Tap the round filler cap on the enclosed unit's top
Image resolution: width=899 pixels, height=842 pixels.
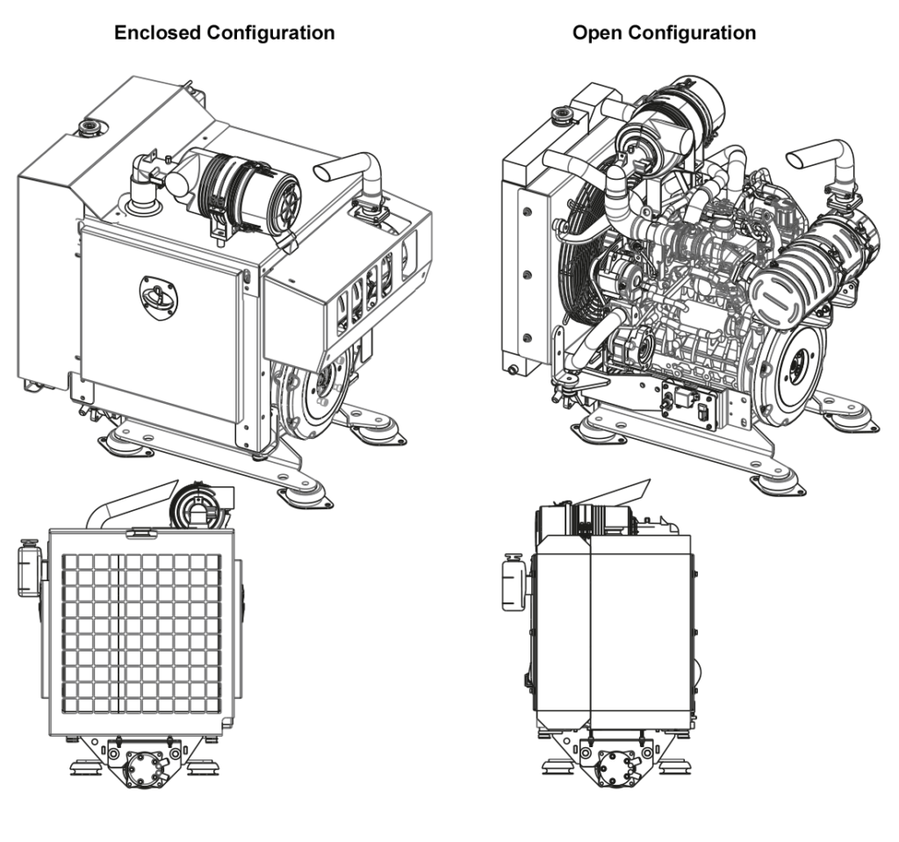pos(89,129)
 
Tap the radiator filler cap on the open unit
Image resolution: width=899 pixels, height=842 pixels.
pos(559,114)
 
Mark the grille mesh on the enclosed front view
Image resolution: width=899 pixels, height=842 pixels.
pos(140,632)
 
